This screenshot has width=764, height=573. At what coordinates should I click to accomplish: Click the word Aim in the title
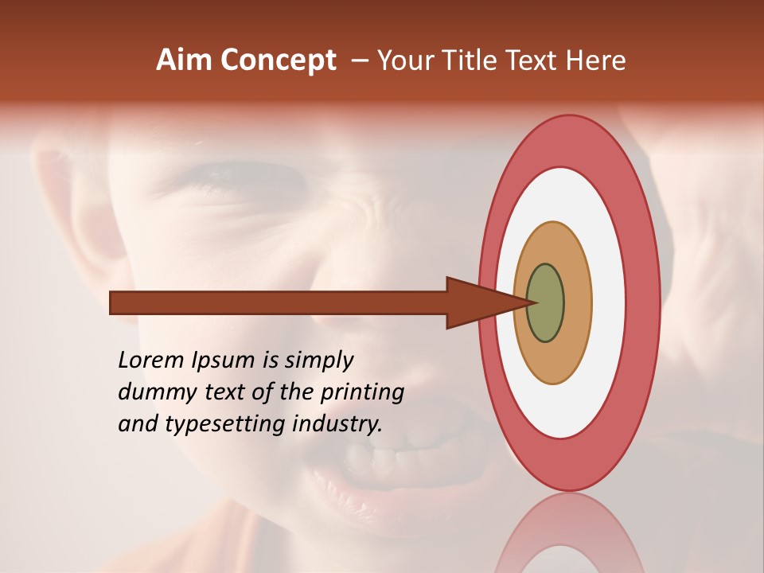coord(185,60)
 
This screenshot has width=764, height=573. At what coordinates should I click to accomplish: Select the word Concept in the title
coord(279,60)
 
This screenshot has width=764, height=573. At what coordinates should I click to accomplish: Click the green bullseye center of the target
coord(545,302)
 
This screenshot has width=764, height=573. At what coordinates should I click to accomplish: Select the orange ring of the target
coord(577,302)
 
